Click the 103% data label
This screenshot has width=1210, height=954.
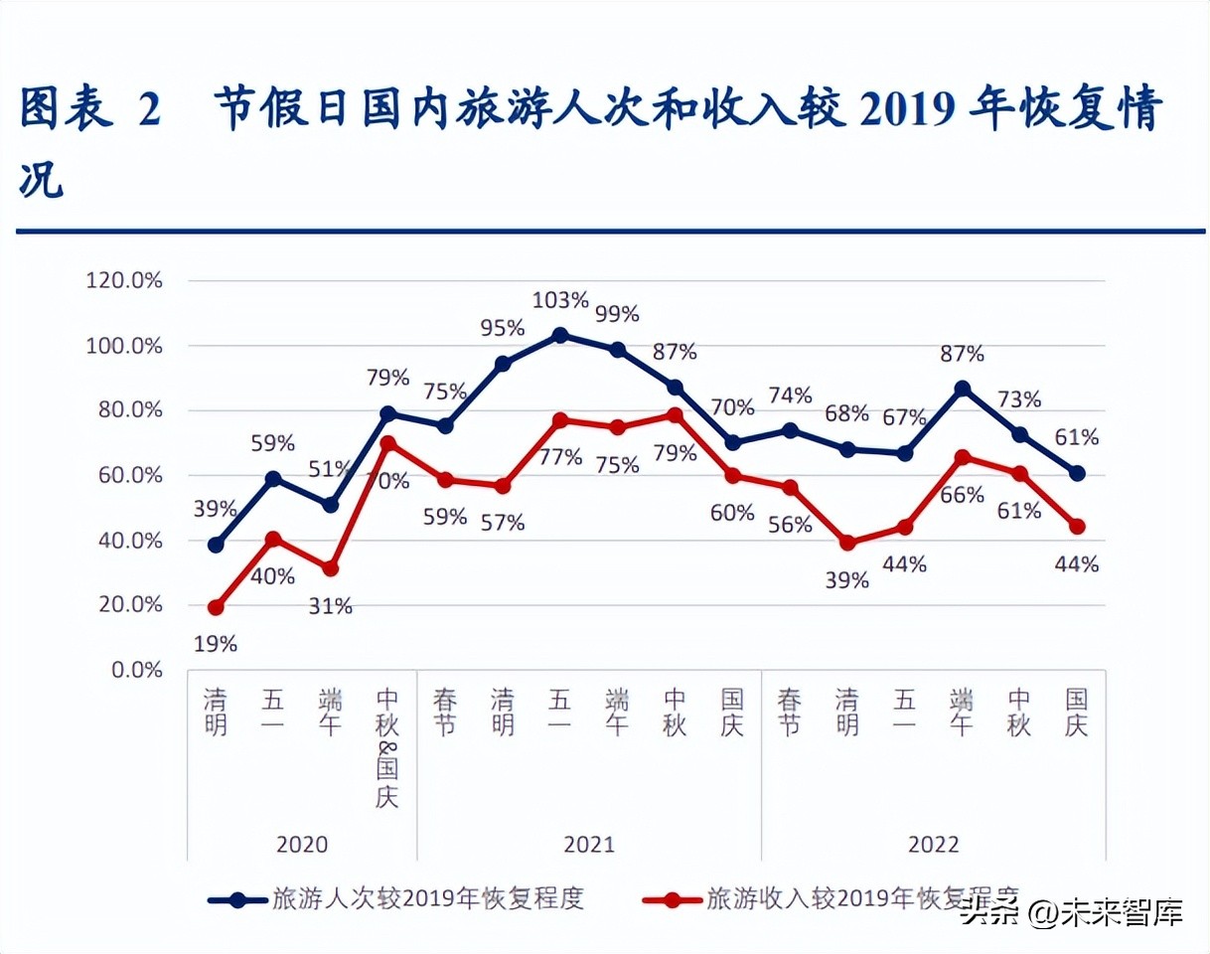pyautogui.click(x=560, y=300)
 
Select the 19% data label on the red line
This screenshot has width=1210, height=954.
pyautogui.click(x=216, y=644)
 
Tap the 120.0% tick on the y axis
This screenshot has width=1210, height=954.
pyautogui.click(x=124, y=281)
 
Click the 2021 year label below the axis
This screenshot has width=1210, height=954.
pyautogui.click(x=589, y=845)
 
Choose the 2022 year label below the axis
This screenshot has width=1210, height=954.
pyautogui.click(x=933, y=845)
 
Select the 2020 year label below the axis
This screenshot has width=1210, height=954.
pyautogui.click(x=302, y=845)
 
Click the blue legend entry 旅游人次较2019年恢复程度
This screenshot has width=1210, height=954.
pyautogui.click(x=427, y=899)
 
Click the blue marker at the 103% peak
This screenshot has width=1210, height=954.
pyautogui.click(x=560, y=335)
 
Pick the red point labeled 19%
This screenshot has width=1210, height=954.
pyautogui.click(x=216, y=607)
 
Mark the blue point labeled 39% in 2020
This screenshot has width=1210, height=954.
pyautogui.click(x=216, y=545)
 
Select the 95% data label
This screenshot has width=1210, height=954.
pyautogui.click(x=503, y=328)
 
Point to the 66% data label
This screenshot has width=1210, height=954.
pyautogui.click(x=961, y=494)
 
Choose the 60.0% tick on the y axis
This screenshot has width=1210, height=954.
pyautogui.click(x=124, y=476)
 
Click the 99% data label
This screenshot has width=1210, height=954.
pyautogui.click(x=617, y=314)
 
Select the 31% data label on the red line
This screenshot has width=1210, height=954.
pyautogui.click(x=330, y=605)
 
